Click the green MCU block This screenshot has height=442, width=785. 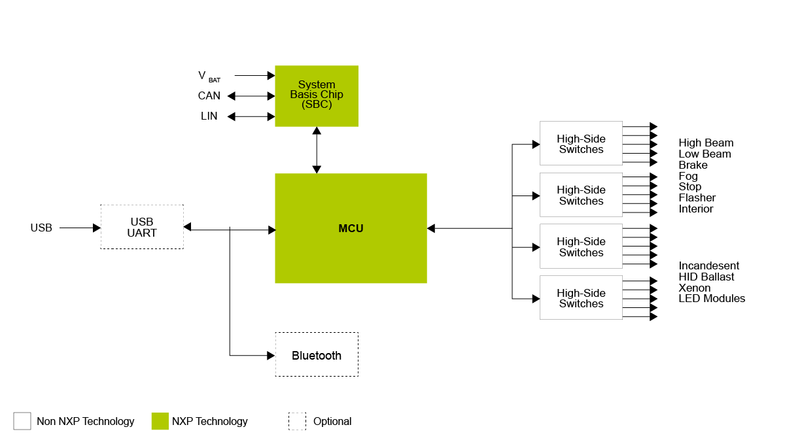click(x=351, y=228)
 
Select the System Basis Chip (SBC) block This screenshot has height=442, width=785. click(x=317, y=95)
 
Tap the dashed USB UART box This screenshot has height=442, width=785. click(x=142, y=227)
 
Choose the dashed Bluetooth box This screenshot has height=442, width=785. click(x=317, y=354)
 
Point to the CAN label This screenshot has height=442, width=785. click(x=209, y=96)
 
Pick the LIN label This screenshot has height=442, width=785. click(x=209, y=116)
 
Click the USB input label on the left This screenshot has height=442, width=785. click(x=41, y=228)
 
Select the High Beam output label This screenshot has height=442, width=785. click(x=706, y=143)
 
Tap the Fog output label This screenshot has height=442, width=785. click(x=688, y=177)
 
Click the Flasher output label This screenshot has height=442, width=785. click(x=697, y=198)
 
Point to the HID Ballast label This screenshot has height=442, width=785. click(x=706, y=277)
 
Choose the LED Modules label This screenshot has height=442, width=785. click(x=712, y=299)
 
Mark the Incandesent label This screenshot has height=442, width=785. click(x=708, y=266)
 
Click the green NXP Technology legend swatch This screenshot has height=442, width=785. click(x=160, y=421)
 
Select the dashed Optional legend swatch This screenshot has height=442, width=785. click(x=297, y=421)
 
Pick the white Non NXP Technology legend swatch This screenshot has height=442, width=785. click(x=22, y=421)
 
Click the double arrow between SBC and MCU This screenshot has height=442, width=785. click(x=317, y=150)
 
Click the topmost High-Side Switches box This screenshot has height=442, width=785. click(x=581, y=143)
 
